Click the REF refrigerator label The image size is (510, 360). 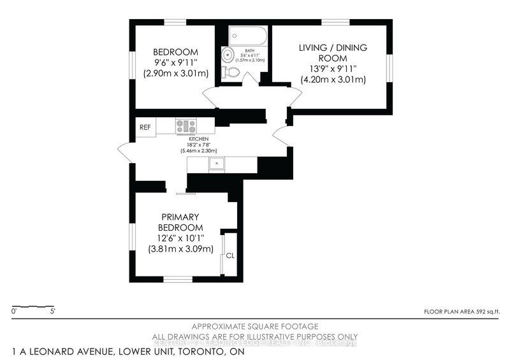[x=145, y=127]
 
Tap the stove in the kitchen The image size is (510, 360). [x=187, y=126]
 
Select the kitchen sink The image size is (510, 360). [x=217, y=164]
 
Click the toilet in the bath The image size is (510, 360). [x=231, y=73]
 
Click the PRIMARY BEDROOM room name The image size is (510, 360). [x=180, y=222]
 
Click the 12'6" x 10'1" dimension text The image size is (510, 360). [x=180, y=238]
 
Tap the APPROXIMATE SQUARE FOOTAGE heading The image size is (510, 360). [x=255, y=326]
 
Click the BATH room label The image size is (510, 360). [x=247, y=48]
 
